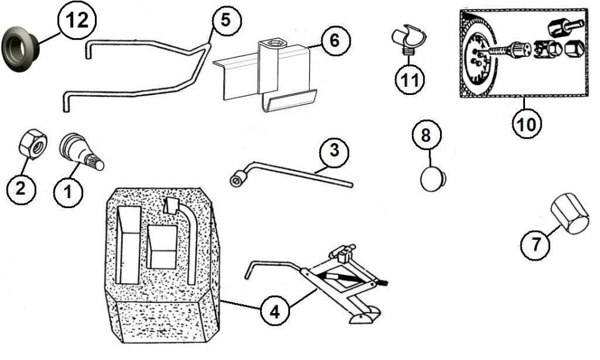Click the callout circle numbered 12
77,19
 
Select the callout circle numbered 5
226,20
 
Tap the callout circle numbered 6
335,40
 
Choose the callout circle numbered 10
526,124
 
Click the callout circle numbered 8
426,135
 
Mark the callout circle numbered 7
536,244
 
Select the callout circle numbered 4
275,312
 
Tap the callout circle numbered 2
21,187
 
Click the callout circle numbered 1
68,192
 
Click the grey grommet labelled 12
19,49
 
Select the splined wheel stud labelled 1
81,152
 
